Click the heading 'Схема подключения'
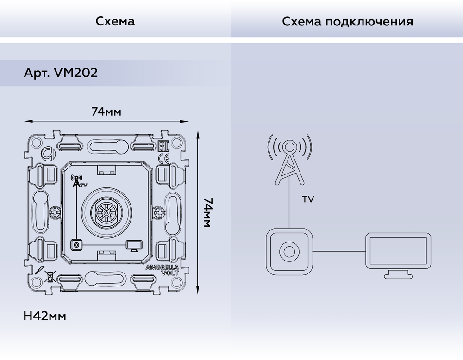click(347, 22)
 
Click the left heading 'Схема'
click(116, 22)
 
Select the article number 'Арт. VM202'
click(61, 74)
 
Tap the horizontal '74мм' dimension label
click(106, 112)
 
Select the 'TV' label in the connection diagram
click(308, 200)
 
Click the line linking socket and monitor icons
click(339, 251)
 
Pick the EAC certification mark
click(163, 147)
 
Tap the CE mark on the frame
click(163, 159)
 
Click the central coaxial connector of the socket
click(106, 213)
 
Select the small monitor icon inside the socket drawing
click(133, 245)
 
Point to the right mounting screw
click(159, 213)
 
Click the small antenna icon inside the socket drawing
click(75, 180)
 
